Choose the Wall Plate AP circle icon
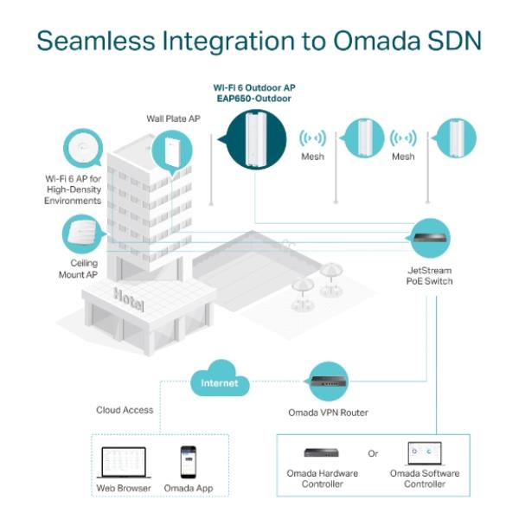pyautogui.click(x=171, y=152)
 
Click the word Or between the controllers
pyautogui.click(x=373, y=453)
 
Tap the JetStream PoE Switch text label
pyautogui.click(x=430, y=275)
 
